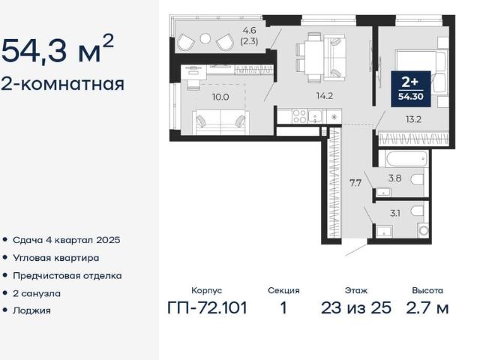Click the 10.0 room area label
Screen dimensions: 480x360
coord(220,97)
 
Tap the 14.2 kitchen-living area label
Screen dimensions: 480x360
coord(325,96)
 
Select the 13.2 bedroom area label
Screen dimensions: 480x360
coord(413,119)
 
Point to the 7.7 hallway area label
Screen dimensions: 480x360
coord(355,183)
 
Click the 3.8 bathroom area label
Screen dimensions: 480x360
coord(395,178)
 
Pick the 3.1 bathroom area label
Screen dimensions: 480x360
coord(395,213)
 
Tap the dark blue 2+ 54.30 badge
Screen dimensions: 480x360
coord(411,88)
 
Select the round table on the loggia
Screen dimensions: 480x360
coord(205,39)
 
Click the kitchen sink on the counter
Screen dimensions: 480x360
coord(315,116)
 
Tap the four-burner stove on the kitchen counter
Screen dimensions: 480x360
coord(299,116)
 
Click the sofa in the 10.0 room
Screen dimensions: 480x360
coord(220,122)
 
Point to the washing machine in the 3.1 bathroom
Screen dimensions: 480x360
coord(424,230)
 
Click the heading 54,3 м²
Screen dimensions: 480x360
coord(58,49)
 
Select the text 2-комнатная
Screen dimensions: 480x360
coord(63,84)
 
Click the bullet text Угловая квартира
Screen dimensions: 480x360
coord(56,258)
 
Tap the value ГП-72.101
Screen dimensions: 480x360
coord(207,307)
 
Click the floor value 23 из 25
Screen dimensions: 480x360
coord(356,307)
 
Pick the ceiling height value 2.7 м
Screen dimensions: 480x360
coord(427,307)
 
